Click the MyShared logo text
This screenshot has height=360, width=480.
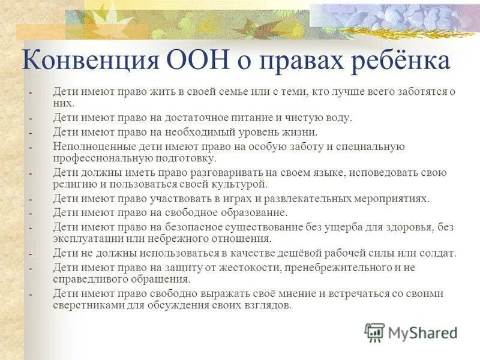422,332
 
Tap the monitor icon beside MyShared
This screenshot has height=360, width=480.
375,332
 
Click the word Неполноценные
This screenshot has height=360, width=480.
86,146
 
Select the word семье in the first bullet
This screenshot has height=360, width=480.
251,92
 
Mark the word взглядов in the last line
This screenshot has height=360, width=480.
268,305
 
